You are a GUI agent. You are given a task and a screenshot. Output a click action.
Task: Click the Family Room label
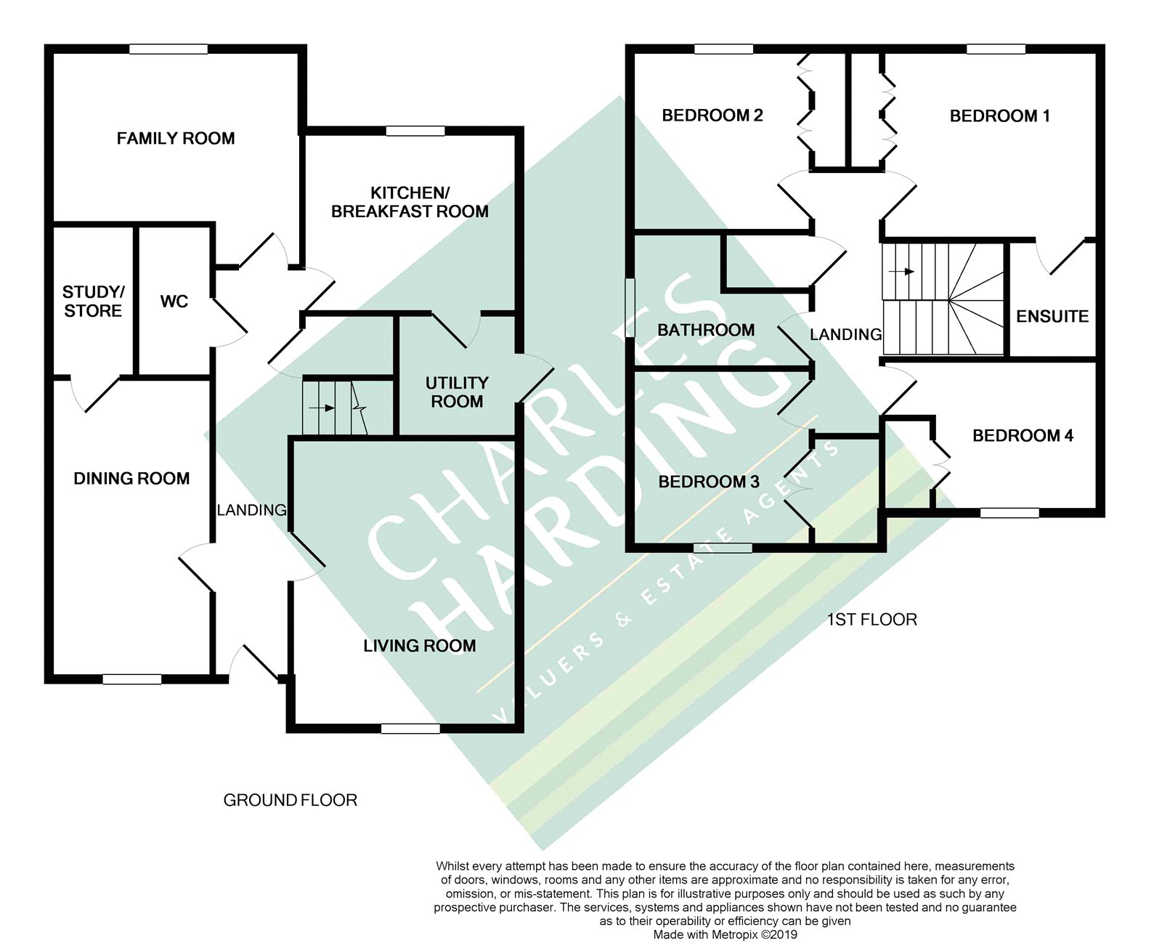pyautogui.click(x=176, y=139)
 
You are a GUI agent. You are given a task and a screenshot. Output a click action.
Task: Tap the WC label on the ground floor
pyautogui.click(x=174, y=302)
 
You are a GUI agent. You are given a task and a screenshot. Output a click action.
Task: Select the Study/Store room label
pyautogui.click(x=93, y=302)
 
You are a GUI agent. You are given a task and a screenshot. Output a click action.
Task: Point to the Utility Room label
pyautogui.click(x=457, y=392)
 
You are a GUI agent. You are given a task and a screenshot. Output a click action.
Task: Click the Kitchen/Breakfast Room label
pyautogui.click(x=410, y=202)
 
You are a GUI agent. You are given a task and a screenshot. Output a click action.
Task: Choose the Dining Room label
pyautogui.click(x=131, y=479)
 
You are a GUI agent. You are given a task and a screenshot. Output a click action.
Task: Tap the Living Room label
pyautogui.click(x=420, y=646)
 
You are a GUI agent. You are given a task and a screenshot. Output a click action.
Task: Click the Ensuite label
pyautogui.click(x=1052, y=316)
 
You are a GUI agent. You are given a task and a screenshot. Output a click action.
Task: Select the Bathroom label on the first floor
pyautogui.click(x=706, y=330)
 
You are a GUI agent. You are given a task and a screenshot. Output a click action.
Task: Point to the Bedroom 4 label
pyautogui.click(x=1023, y=436)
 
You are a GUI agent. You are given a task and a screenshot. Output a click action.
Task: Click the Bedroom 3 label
pyautogui.click(x=709, y=482)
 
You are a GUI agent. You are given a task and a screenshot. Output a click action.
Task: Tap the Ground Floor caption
pyautogui.click(x=290, y=800)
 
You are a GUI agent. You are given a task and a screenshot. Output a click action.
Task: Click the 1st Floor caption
pyautogui.click(x=871, y=620)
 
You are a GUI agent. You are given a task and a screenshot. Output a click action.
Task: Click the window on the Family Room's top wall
pyautogui.click(x=168, y=49)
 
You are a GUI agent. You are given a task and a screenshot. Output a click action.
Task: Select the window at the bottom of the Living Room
pyautogui.click(x=410, y=728)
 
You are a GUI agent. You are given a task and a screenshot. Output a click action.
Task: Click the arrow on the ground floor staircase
pyautogui.click(x=322, y=408)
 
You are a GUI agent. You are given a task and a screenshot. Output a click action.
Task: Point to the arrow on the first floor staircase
pyautogui.click(x=901, y=271)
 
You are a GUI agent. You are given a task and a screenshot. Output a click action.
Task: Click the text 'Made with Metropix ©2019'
pyautogui.click(x=725, y=934)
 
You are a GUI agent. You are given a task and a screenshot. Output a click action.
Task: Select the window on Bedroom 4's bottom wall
pyautogui.click(x=1009, y=513)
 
